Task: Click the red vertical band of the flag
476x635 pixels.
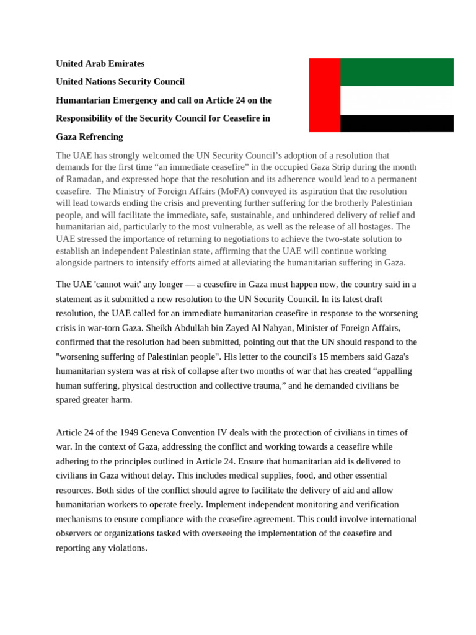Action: [x=325, y=95]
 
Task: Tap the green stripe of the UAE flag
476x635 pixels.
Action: [x=397, y=72]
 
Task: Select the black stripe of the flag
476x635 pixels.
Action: [x=397, y=123]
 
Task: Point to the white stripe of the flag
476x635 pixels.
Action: [x=397, y=100]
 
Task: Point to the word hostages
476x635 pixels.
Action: [x=373, y=227]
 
